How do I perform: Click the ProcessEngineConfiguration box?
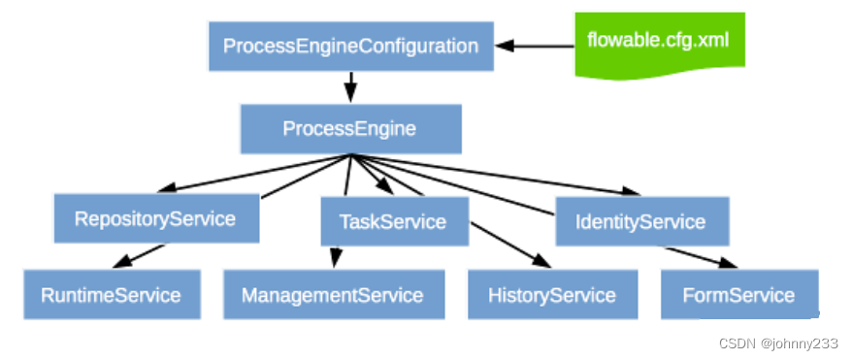(350, 46)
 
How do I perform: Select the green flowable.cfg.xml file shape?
(658, 43)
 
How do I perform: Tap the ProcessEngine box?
(349, 128)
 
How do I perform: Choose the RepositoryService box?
(155, 218)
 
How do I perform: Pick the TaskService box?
(393, 221)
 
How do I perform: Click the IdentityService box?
(640, 221)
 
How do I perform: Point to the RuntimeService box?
(111, 295)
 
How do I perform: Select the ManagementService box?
(333, 295)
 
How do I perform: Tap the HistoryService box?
(552, 295)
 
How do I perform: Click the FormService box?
(738, 295)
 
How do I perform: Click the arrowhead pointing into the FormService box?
(726, 263)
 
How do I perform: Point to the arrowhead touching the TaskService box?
(384, 190)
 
